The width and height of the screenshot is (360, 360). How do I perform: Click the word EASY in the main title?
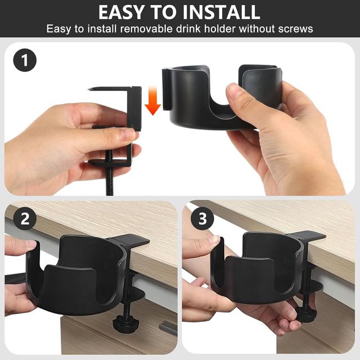click(121, 12)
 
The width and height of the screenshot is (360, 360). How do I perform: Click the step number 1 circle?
click(25, 60)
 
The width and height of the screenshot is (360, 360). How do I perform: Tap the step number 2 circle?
click(25, 219)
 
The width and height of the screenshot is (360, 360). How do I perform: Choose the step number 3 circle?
click(202, 219)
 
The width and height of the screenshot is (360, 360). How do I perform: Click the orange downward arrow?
click(152, 100)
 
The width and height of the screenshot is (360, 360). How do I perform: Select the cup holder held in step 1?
click(222, 97)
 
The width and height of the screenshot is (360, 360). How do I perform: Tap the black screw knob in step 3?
click(306, 313)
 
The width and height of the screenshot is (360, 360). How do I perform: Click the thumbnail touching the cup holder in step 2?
click(30, 244)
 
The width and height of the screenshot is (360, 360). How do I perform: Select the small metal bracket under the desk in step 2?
click(168, 326)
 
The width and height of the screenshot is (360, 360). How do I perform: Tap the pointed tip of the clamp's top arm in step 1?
click(89, 89)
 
